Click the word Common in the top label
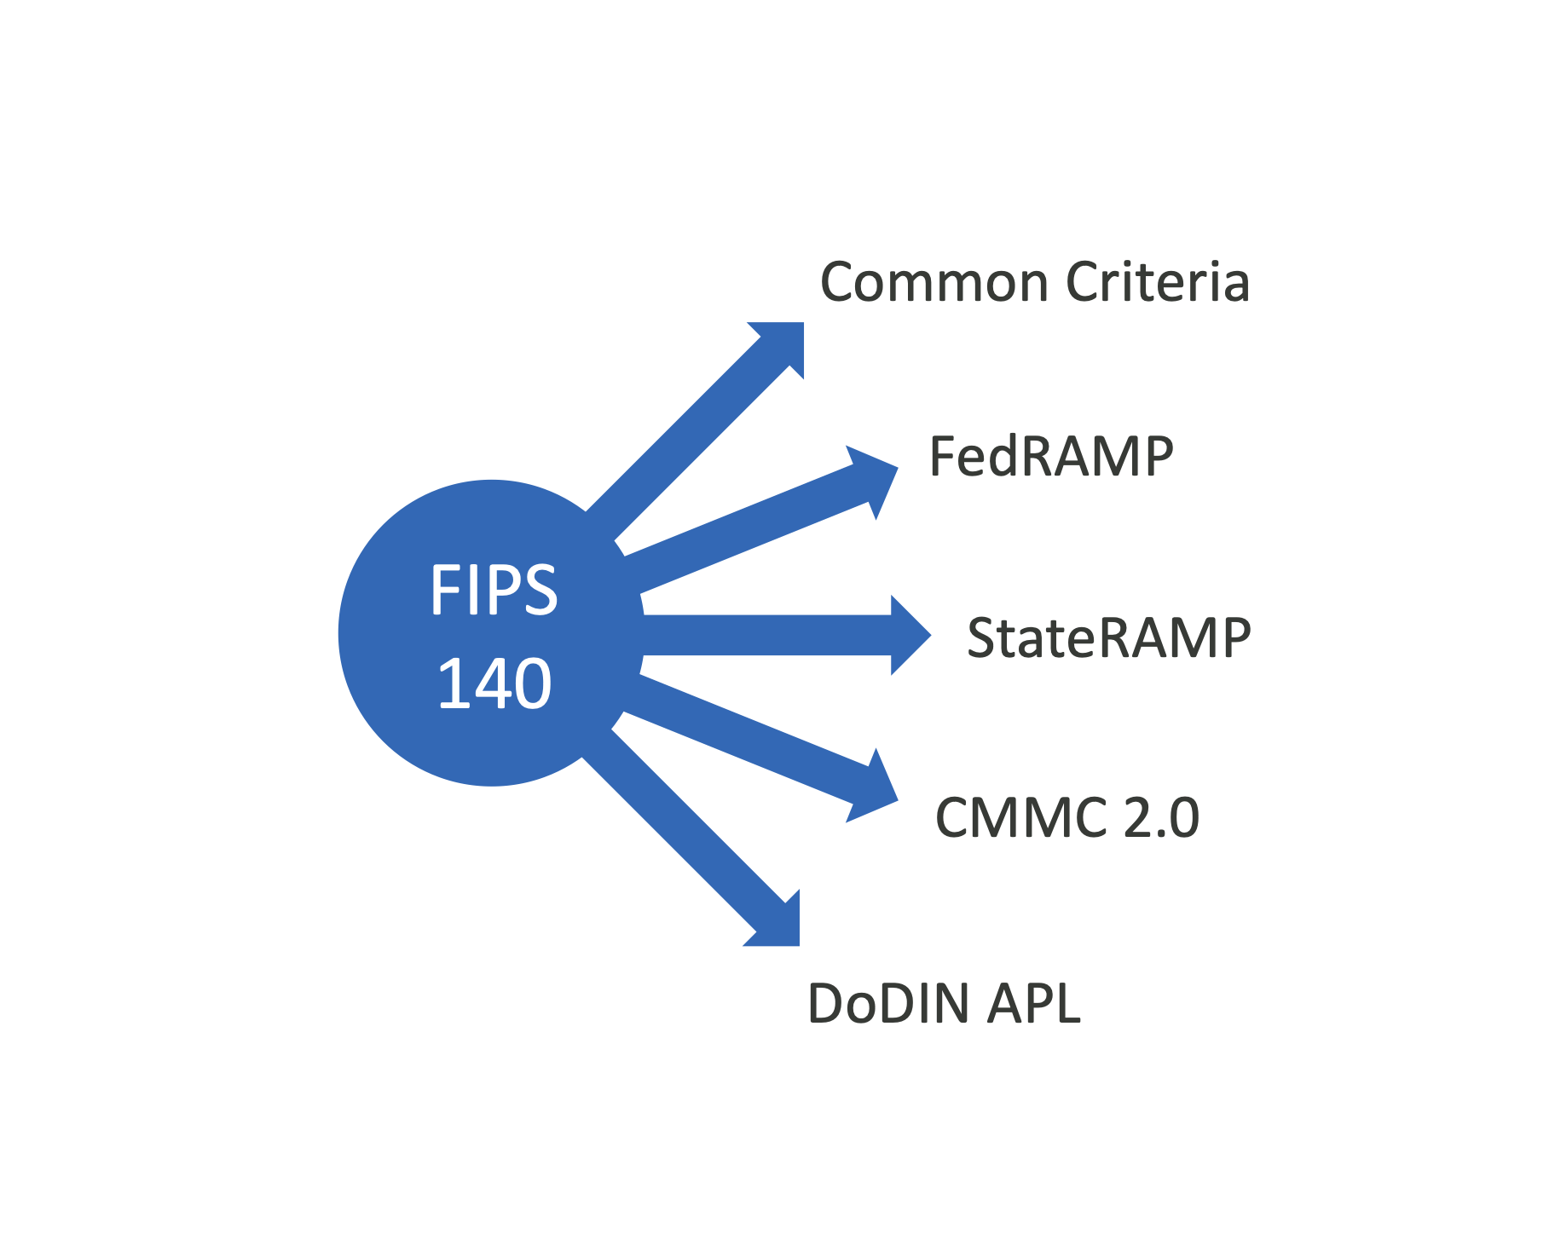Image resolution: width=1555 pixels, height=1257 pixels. [934, 283]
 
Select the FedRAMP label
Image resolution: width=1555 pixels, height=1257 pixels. [1050, 456]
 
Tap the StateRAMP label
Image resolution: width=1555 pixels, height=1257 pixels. [1108, 637]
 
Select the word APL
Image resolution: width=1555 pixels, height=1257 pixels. [1033, 1003]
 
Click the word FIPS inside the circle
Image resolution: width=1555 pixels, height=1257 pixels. [494, 590]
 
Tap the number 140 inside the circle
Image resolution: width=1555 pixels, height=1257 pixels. [494, 683]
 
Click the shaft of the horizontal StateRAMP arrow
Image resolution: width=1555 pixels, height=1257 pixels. [767, 635]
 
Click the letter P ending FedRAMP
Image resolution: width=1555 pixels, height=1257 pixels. [1157, 456]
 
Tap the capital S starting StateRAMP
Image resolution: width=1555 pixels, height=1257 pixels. [984, 637]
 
